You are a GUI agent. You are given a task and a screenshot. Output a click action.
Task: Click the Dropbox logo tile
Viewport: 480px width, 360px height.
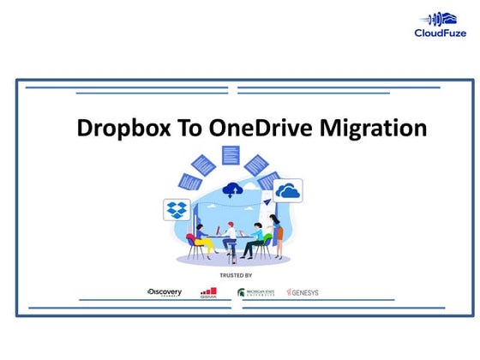coord(177,208)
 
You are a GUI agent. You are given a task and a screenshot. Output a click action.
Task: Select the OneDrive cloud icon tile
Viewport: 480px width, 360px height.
coord(288,190)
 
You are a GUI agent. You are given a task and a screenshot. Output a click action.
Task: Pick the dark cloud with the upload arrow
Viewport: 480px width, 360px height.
coord(232,189)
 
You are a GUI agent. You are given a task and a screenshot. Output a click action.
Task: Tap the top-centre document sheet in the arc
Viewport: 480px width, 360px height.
coord(230,155)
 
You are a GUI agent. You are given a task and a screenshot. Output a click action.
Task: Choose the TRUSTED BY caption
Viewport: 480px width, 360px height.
coord(236,275)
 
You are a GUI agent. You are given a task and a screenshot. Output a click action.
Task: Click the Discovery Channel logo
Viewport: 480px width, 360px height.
coord(164,292)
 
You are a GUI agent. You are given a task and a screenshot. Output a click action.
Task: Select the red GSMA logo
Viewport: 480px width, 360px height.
coord(208,292)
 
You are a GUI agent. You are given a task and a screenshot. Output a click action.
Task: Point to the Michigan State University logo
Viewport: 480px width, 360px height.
coord(256,292)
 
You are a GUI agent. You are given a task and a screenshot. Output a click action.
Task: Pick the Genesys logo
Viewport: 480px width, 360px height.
coord(302,292)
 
